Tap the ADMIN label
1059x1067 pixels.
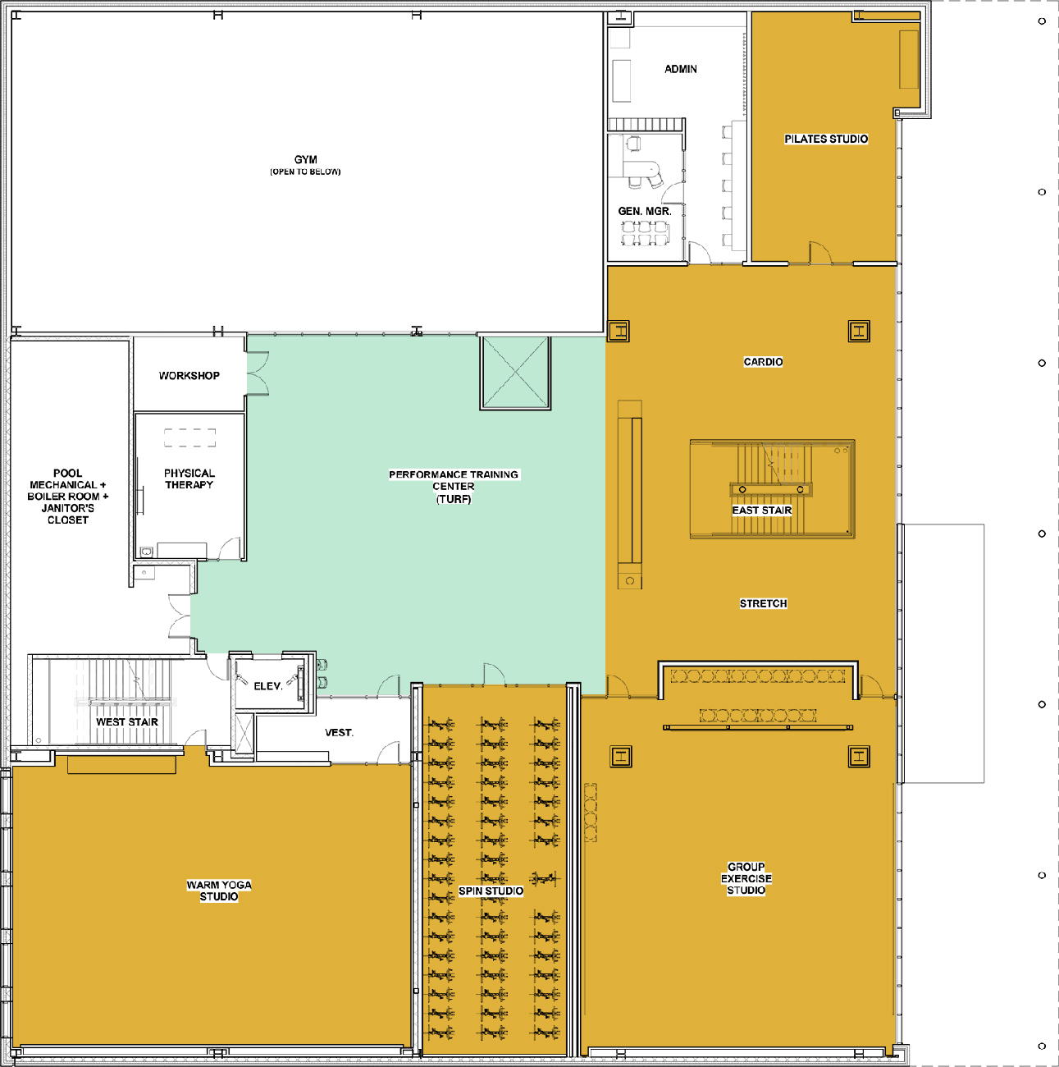(681, 70)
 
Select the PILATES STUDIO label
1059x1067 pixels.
(825, 139)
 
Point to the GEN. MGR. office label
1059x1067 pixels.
(645, 211)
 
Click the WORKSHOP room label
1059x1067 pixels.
(189, 375)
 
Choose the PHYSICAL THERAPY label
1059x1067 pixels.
(189, 479)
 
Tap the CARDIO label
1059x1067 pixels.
(763, 362)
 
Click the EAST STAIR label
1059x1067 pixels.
(762, 511)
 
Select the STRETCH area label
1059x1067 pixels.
(763, 603)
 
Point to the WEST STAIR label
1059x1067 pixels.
(127, 722)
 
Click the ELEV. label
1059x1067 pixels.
(267, 686)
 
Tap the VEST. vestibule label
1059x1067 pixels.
(339, 732)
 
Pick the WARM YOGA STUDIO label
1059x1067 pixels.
(219, 891)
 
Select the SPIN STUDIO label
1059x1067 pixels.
(491, 891)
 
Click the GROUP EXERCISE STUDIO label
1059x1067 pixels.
(746, 878)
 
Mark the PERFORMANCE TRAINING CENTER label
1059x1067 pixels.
(454, 486)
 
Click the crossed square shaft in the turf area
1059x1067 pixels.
(515, 372)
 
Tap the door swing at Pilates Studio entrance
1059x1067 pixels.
(819, 253)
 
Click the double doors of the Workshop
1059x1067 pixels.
(258, 373)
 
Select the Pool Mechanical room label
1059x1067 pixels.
(68, 496)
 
